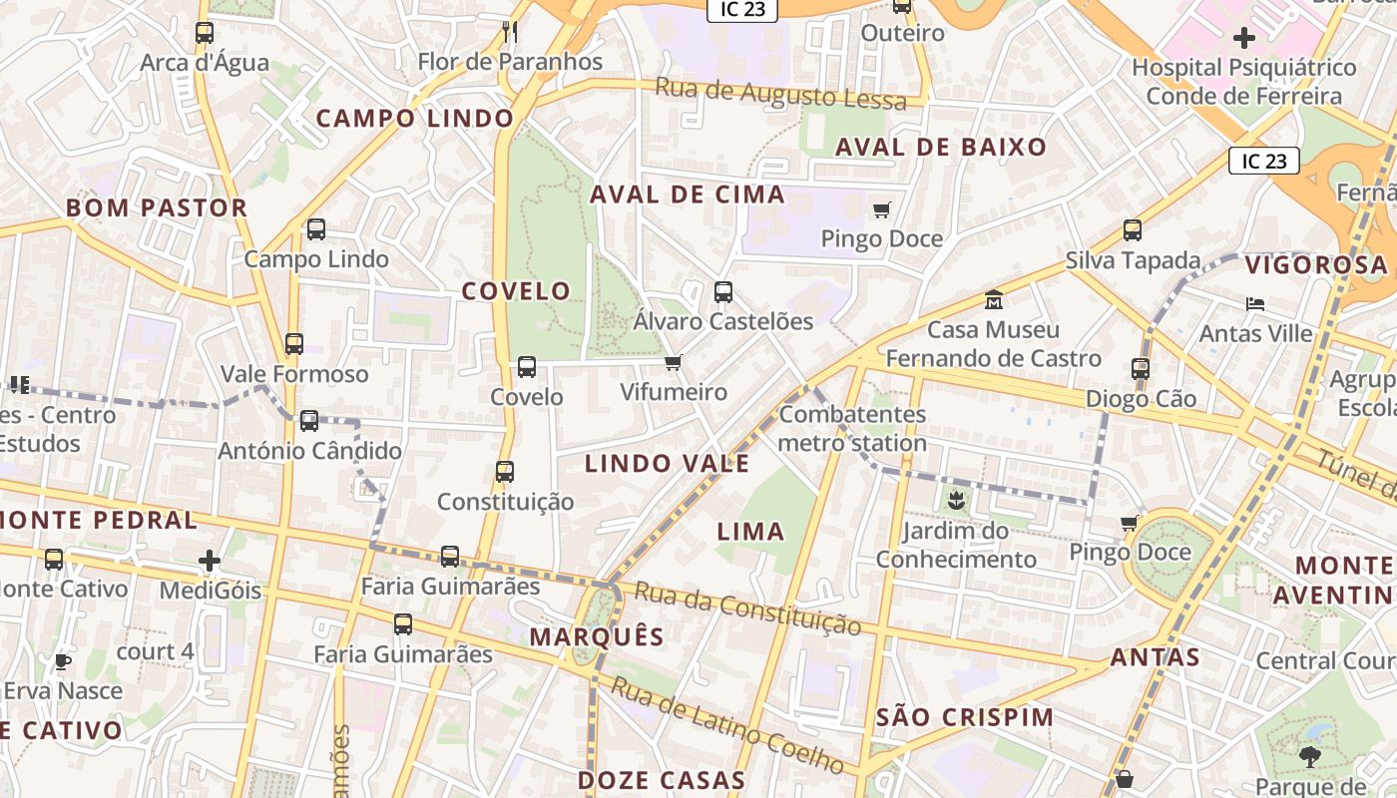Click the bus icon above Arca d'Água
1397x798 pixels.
click(205, 33)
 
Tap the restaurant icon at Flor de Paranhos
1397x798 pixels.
click(509, 32)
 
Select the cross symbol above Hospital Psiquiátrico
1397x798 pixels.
click(1243, 39)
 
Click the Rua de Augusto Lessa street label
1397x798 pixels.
click(780, 95)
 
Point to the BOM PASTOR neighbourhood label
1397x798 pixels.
click(157, 208)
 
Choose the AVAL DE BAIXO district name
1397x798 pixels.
click(941, 148)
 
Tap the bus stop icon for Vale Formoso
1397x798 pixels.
click(293, 344)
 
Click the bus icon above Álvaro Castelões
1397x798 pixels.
click(723, 292)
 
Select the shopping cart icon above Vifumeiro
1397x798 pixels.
click(674, 362)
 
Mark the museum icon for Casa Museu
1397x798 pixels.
click(994, 299)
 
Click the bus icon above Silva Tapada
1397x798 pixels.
click(1133, 230)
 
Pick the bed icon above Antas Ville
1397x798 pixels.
click(1255, 303)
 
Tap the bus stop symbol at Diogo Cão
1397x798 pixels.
click(1141, 369)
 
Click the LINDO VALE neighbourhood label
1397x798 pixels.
click(667, 464)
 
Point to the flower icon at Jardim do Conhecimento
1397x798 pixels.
click(956, 500)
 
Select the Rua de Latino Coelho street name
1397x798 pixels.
click(728, 725)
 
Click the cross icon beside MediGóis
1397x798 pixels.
click(210, 561)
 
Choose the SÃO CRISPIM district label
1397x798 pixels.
click(964, 717)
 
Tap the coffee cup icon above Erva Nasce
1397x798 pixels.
click(62, 660)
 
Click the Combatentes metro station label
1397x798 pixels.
click(852, 429)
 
